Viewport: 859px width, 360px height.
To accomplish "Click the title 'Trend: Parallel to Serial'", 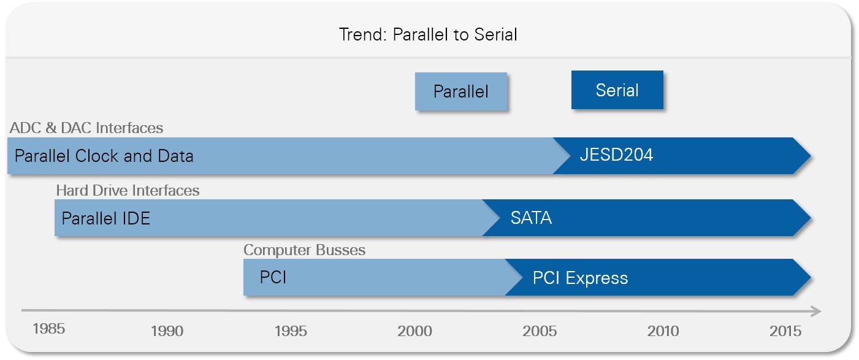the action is pos(428,34).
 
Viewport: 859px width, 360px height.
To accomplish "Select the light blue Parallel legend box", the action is pos(461,91).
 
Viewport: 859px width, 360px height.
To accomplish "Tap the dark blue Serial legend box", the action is pos(617,90).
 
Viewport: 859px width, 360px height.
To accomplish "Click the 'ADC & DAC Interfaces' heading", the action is pos(86,128).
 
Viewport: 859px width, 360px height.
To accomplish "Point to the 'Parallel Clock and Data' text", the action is pos(104,156).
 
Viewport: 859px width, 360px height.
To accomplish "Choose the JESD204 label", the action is pos(616,155).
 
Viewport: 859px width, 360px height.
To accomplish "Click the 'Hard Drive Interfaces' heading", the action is pos(128,191).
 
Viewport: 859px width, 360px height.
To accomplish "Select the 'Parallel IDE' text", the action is pos(106,218).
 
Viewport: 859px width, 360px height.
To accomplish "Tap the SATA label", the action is pos(531,218).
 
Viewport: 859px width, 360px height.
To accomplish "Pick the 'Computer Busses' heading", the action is pos(305,250).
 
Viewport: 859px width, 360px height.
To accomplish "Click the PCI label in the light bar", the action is pos(273,277).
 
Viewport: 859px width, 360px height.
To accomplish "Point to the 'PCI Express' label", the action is pos(580,278).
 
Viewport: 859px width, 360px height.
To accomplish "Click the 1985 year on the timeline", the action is pos(48,329).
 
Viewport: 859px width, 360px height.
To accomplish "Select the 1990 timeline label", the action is pos(167,331).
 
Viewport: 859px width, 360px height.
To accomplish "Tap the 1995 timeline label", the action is pos(291,331).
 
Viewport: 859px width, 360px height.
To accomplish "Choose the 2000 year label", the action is pos(414,331).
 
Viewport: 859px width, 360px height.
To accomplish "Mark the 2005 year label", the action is pos(540,331).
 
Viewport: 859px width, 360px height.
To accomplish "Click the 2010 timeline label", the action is pos(663,331).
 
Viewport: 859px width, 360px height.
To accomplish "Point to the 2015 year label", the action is pos(785,331).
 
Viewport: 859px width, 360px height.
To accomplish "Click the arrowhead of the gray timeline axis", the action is pos(815,311).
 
